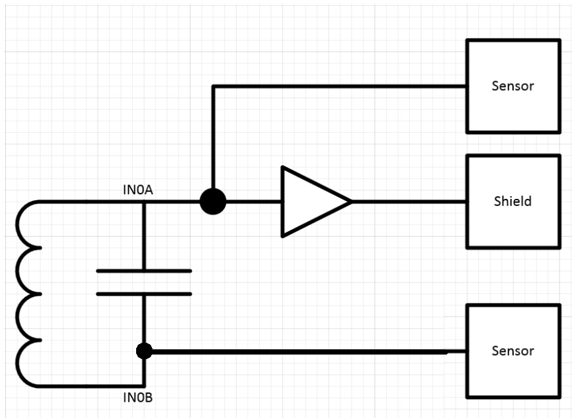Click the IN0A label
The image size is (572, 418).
pos(138,190)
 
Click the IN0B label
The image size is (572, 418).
pos(138,397)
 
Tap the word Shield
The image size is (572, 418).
pos(512,201)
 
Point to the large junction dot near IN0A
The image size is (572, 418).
pos(213,201)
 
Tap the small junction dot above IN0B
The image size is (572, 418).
pos(144,351)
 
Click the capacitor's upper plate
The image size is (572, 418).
pos(144,271)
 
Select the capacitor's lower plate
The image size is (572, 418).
pos(144,294)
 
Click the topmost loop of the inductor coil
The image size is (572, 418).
pos(18,224)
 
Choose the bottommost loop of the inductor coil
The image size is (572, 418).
pos(18,363)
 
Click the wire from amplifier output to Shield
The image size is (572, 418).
pos(409,201)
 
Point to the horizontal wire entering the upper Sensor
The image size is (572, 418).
pos(339,86)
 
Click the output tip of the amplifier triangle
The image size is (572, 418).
pos(352,201)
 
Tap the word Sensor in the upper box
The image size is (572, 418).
pos(512,86)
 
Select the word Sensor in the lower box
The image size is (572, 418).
pos(512,351)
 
